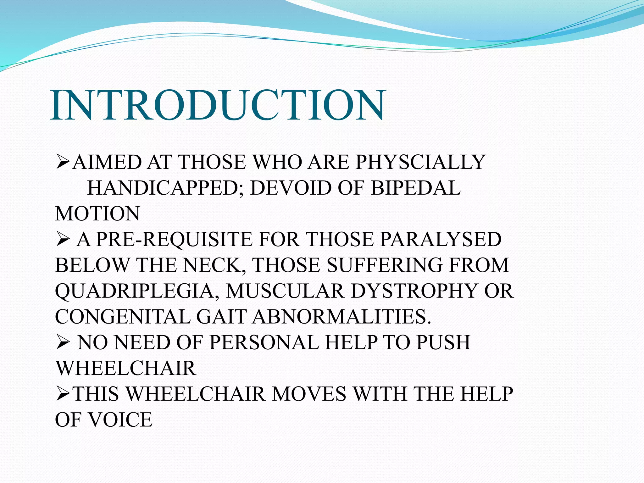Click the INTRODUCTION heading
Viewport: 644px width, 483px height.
pyautogui.click(x=217, y=106)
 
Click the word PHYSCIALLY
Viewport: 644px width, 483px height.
pyautogui.click(x=420, y=162)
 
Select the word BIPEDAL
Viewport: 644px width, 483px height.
pyautogui.click(x=415, y=188)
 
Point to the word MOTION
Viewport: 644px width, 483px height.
pyautogui.click(x=97, y=214)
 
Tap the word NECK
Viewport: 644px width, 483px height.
pyautogui.click(x=213, y=265)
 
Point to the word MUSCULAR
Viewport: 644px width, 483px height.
pyautogui.click(x=285, y=291)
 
